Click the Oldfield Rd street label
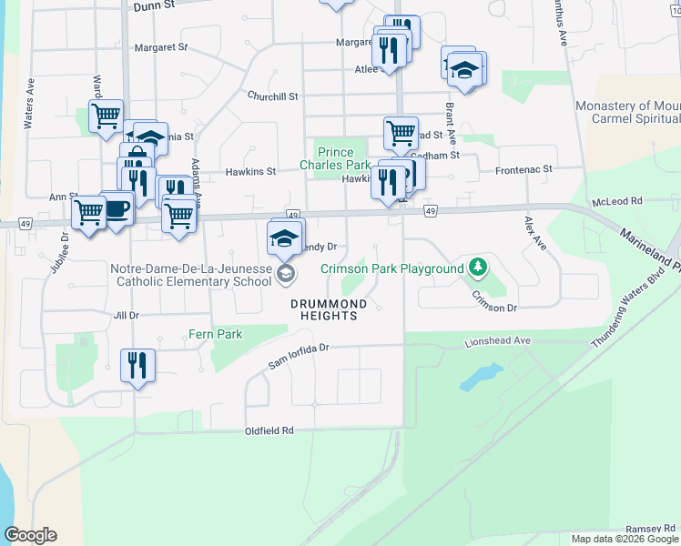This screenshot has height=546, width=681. click(269, 430)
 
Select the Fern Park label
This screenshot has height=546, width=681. click(216, 334)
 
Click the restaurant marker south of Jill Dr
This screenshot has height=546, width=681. click(137, 366)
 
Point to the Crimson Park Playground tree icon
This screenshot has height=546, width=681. click(476, 268)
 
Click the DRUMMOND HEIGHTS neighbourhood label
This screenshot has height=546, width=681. click(329, 309)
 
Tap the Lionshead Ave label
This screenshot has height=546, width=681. click(496, 340)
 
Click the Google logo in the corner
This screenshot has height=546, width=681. click(30, 535)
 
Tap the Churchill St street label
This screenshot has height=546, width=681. click(273, 96)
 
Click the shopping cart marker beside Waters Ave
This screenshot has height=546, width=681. click(107, 116)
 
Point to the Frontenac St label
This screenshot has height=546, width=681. click(523, 169)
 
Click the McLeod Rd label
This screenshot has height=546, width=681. click(616, 200)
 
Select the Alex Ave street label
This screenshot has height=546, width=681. click(535, 233)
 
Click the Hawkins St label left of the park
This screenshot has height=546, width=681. click(250, 171)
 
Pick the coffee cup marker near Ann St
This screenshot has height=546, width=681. click(117, 208)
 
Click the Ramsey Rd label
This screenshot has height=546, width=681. click(650, 529)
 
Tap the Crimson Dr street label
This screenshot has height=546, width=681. click(494, 308)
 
